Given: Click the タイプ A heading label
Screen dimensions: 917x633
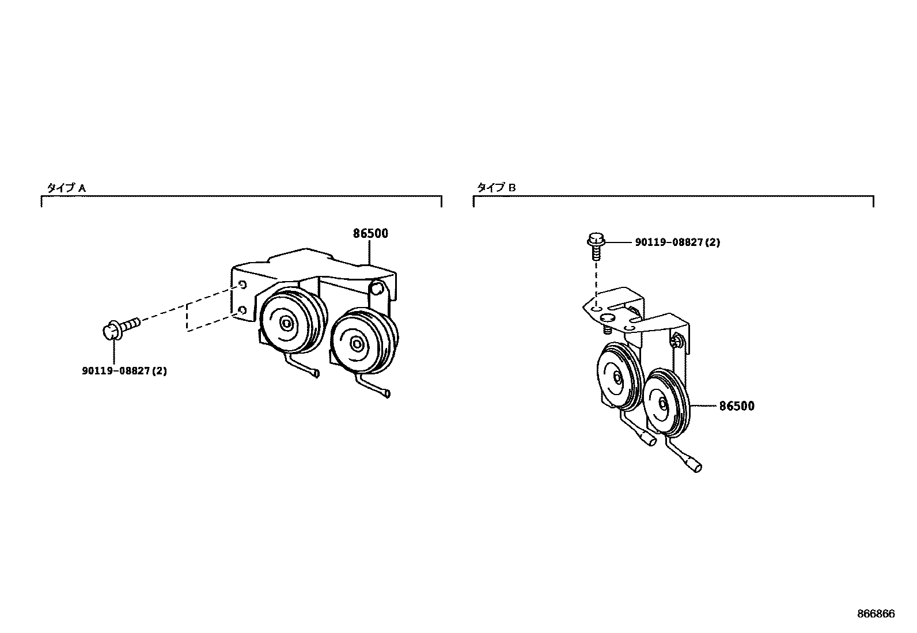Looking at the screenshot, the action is coord(66,188).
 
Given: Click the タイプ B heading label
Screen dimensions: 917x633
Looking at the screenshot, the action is coord(496,187).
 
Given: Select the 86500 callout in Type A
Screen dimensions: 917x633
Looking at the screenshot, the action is coord(370,234).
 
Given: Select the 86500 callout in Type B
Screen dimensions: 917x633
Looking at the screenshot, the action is coord(736,406).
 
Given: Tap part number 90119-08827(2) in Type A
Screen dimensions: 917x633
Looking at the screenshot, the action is coord(124,371).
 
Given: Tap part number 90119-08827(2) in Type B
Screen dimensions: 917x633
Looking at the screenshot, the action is coord(677,242).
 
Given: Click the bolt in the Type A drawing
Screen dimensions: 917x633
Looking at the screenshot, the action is coord(120,329).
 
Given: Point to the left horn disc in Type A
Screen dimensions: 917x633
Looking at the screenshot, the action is coord(286,323).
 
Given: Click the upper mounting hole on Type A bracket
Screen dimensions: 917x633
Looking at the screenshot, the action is coord(242,284).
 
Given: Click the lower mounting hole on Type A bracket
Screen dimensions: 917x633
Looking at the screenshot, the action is coord(242,311).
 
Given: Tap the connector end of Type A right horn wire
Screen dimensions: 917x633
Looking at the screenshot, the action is coord(386,393).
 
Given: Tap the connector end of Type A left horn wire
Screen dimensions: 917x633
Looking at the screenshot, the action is coord(315,374).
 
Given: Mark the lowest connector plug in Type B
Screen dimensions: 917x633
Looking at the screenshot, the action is coord(696,466).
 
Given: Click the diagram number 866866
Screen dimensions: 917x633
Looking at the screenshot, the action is coord(876,614).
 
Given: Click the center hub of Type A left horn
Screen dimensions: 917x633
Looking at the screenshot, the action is coord(286,323).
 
